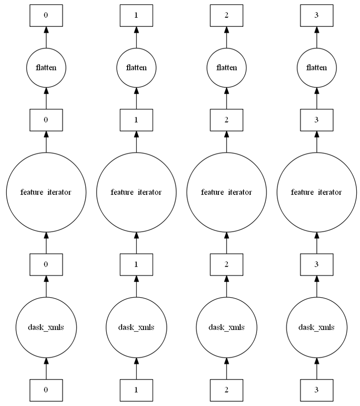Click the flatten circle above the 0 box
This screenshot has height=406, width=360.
(x=46, y=68)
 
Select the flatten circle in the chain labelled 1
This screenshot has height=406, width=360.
(x=136, y=68)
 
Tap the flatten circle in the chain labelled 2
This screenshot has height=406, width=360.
(x=226, y=68)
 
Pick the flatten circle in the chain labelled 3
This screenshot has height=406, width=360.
(x=317, y=68)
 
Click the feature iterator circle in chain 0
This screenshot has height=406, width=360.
(x=46, y=192)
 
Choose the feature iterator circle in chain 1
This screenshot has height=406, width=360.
(x=136, y=192)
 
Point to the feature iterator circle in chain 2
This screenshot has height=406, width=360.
(x=226, y=192)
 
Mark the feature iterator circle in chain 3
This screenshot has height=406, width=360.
(x=317, y=192)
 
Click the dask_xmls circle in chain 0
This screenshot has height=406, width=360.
(x=46, y=327)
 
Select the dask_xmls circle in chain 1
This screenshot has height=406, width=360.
(x=136, y=327)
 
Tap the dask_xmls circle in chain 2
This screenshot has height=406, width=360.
(x=226, y=327)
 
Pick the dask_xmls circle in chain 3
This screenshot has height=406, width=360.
(x=317, y=327)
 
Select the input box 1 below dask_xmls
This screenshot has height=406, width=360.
(x=136, y=390)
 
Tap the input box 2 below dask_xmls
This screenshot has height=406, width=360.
(x=226, y=390)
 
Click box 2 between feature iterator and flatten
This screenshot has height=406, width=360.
(x=226, y=120)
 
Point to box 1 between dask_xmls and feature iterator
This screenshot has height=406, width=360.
(x=136, y=264)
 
